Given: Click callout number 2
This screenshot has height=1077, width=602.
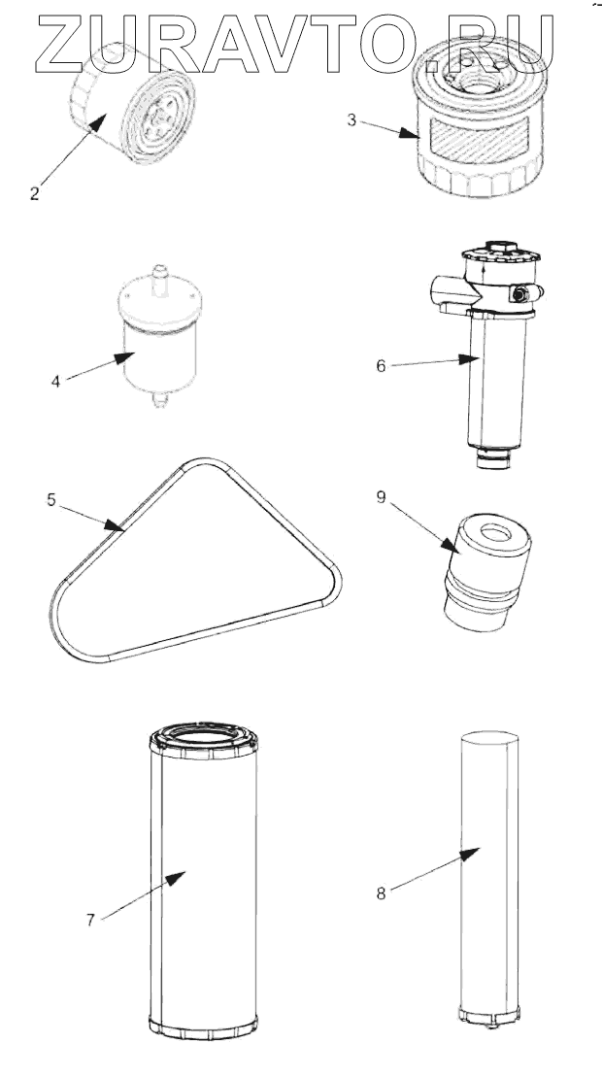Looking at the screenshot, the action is (34, 193).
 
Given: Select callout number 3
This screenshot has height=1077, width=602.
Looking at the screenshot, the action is (353, 121).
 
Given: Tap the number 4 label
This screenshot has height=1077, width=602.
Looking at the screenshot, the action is (56, 382).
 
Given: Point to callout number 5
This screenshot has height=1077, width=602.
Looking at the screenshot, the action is (51, 501).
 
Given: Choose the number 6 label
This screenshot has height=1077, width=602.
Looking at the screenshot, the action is (381, 366).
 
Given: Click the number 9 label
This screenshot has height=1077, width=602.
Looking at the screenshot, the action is (382, 497).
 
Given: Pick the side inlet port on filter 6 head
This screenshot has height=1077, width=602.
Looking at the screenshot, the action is (443, 290).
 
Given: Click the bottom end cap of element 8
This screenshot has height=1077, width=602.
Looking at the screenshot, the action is (491, 1016).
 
